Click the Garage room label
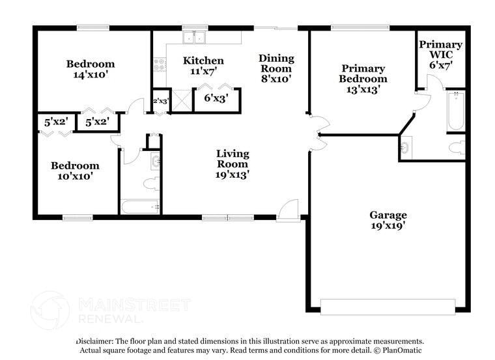(388, 215)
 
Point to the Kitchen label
(203, 61)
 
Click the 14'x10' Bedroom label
(91, 64)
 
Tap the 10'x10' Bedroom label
(76, 166)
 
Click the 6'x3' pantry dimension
(216, 98)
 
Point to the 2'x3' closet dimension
(160, 101)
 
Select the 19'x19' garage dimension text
(388, 226)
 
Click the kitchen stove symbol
(158, 64)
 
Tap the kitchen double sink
(194, 38)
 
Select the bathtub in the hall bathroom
(139, 207)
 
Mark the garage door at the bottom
(388, 305)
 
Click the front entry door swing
(287, 210)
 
